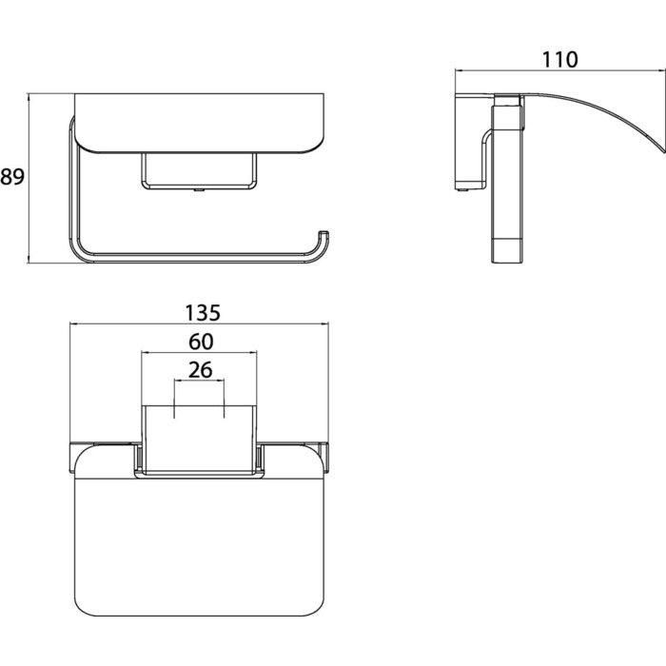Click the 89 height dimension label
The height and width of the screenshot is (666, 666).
coord(12,176)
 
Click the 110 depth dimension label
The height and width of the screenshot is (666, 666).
coord(559,59)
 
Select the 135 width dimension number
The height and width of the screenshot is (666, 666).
coord(203,313)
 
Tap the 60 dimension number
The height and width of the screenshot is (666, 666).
coord(201,342)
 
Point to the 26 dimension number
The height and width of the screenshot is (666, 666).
coord(200,370)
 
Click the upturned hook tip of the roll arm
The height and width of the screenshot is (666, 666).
coord(324,233)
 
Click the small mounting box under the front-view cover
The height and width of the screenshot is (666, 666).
coord(199,170)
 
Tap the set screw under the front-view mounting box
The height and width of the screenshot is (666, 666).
coord(198,190)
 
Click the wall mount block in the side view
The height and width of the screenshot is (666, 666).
coord(471,143)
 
